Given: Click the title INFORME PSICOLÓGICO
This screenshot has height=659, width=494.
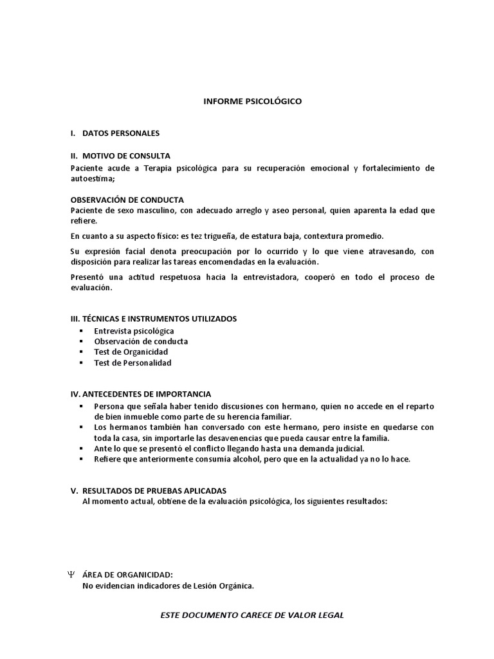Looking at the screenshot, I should [252, 101].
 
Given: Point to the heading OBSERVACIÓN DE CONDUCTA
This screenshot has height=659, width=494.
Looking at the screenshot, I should [127, 200].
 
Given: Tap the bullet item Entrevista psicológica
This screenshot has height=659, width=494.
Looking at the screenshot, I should [134, 331].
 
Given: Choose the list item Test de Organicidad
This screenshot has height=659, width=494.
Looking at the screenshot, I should [131, 352].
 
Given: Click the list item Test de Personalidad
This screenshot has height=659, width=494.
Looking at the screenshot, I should [133, 363].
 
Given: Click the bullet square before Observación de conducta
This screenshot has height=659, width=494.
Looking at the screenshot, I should [81, 342].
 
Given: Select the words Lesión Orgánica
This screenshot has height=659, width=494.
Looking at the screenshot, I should [218, 586].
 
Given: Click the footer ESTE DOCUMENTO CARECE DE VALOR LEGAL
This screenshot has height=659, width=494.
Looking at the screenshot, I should [252, 615].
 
